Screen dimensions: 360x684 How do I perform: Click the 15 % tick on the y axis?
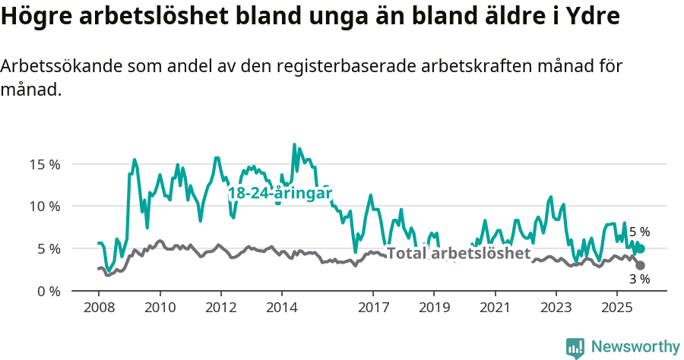coord(44,164)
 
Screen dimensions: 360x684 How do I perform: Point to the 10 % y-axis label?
coord(44,206)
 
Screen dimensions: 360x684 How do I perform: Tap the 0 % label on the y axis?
coord(48,291)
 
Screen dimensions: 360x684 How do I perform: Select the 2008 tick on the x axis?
coord(98,308)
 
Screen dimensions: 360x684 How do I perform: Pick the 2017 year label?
coord(372,308)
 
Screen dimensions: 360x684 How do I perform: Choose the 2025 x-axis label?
coord(616,308)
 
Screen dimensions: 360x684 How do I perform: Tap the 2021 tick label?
coord(495,308)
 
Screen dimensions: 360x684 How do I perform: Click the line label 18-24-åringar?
coord(280,194)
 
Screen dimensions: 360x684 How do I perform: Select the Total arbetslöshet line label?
coord(458,254)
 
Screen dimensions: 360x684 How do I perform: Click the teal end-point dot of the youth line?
coord(641,248)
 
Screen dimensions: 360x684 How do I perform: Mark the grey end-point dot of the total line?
coord(640,265)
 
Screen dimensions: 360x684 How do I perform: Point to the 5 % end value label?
coord(639,232)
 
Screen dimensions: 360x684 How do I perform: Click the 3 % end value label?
coord(639,279)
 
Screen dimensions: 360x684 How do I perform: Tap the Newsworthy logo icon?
coord(575,347)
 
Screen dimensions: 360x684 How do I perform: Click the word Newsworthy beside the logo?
coord(635,347)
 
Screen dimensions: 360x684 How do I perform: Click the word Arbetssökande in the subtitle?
coord(50,67)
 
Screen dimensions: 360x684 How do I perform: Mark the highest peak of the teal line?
coord(294,144)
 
